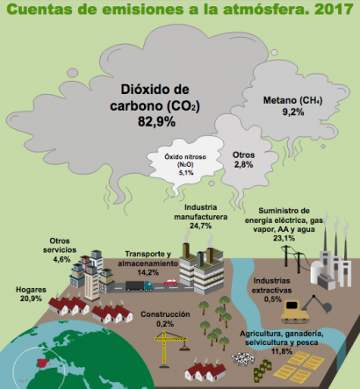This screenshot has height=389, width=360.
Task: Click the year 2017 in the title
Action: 335,9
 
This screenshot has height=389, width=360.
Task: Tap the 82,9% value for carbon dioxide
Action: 156,121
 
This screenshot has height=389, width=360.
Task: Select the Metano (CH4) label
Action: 292,100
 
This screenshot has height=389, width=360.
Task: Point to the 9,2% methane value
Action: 293,112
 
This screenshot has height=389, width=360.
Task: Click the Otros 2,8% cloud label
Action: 243,160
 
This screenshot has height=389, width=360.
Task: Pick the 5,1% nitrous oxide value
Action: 186,173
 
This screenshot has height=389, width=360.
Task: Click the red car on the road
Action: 169,282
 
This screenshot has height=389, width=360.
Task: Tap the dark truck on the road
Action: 139,286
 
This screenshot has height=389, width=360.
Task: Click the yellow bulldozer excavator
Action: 305,310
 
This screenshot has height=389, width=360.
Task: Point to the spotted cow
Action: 243,358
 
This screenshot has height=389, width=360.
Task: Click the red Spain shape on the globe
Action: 43,363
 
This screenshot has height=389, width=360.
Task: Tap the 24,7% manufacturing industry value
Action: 200,226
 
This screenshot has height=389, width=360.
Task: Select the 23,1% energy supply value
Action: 284,238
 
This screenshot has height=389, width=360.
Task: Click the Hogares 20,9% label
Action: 31,294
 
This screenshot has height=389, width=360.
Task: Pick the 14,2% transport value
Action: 148,272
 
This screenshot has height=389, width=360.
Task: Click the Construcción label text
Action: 165,314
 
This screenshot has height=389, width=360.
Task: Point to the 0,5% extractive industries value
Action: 272,299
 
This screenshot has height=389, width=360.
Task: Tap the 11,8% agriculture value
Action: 282,351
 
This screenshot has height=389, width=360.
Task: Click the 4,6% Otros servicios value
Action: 61,259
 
